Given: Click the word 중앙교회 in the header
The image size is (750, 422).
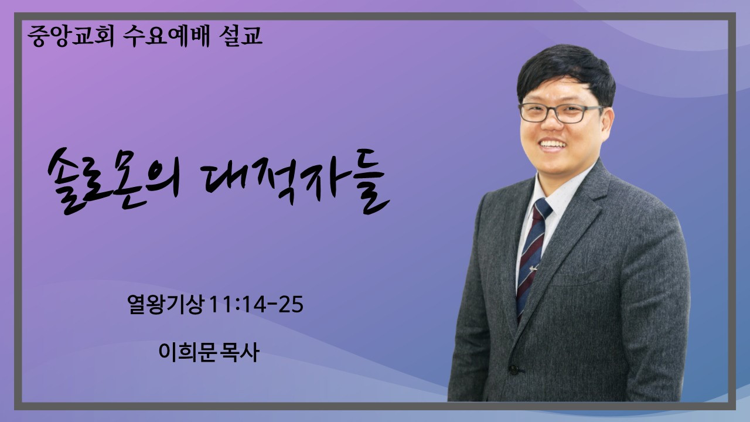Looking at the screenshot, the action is tap(70, 36).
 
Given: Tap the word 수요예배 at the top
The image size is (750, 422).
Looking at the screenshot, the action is tap(166, 36).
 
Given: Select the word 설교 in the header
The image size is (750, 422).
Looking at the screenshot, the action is tap(240, 36).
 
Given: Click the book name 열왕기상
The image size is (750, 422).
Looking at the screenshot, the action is tap(166, 304).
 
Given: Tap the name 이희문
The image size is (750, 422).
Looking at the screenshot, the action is tap(186, 352).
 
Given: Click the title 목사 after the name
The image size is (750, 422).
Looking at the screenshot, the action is tap(238, 352).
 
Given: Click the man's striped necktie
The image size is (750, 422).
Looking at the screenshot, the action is tap(533, 254).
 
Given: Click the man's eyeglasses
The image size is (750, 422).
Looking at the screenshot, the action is tap(561, 113).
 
